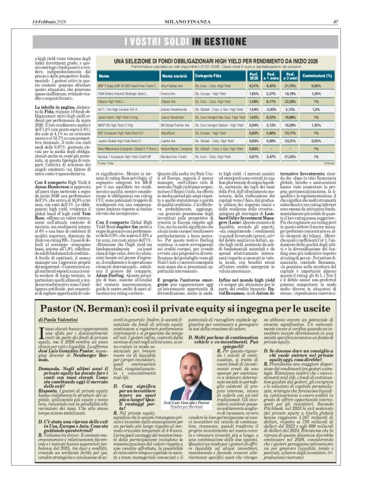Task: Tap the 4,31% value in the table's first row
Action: click(272, 85)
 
